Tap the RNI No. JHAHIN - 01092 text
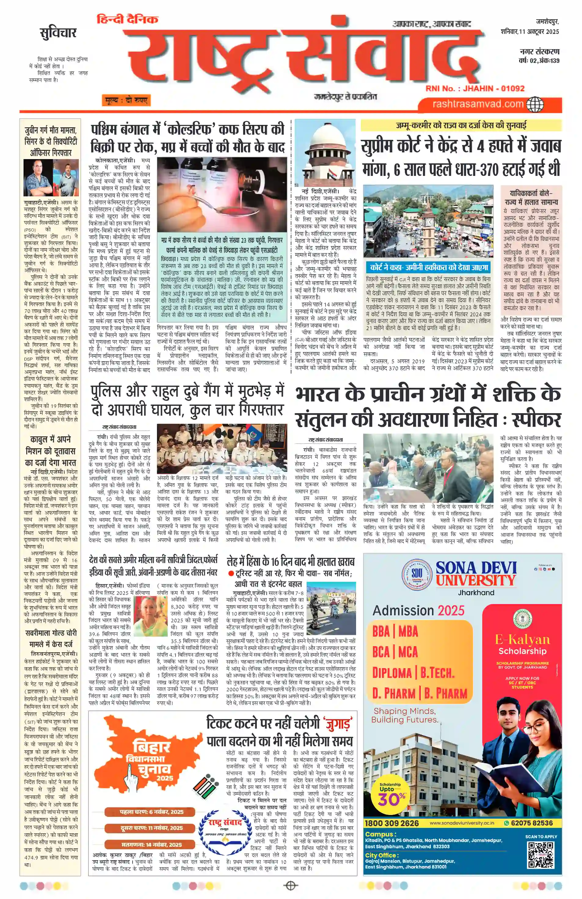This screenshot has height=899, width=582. coord(475,88)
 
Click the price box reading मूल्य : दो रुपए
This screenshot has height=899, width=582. coord(126,100)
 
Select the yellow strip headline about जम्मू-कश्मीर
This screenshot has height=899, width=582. coord(461,125)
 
